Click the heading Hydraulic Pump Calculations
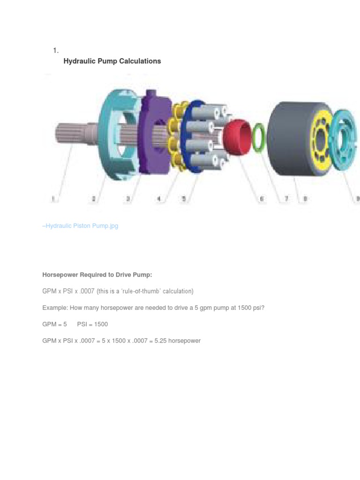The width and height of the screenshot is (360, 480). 112,61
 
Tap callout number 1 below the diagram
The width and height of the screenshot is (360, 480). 53,199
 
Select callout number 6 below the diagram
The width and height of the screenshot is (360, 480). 262,199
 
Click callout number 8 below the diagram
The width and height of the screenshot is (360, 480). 305,199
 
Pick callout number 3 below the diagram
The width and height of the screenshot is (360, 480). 127,199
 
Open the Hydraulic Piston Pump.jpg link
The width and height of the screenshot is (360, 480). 81,226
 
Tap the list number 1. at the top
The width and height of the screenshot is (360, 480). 55,50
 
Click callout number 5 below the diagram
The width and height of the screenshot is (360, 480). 184,199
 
